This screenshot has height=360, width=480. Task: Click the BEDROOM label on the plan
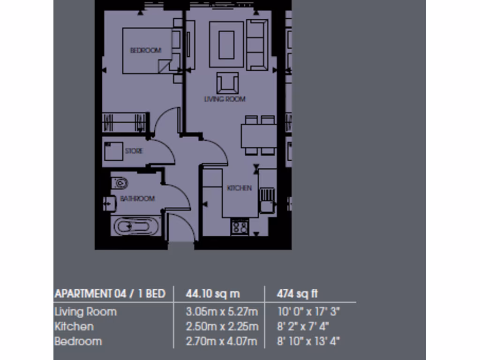pyautogui.click(x=145, y=50)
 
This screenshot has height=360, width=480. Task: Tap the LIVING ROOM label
pyautogui.click(x=225, y=99)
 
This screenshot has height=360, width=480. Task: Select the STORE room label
pyautogui.click(x=134, y=151)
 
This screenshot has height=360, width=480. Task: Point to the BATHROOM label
pyautogui.click(x=137, y=199)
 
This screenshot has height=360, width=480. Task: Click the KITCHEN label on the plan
pyautogui.click(x=239, y=188)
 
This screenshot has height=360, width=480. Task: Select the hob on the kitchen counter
pyautogui.click(x=240, y=227)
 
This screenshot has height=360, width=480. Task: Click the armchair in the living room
pyautogui.click(x=227, y=82)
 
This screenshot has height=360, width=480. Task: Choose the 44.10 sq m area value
pyautogui.click(x=213, y=294)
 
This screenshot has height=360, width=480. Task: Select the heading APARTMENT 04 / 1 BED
pyautogui.click(x=110, y=294)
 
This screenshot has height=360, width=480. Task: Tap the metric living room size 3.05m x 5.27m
pyautogui.click(x=222, y=312)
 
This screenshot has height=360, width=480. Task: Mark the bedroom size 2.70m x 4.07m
pyautogui.click(x=221, y=341)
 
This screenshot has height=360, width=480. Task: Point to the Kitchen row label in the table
pyautogui.click(x=74, y=326)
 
